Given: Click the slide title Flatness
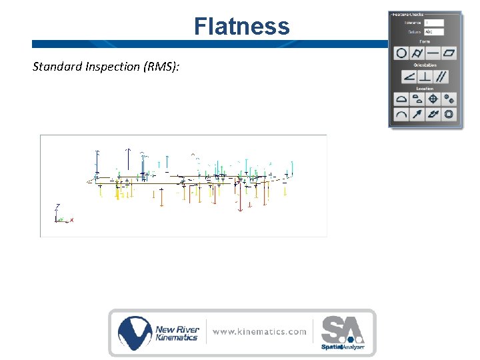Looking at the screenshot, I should click(x=241, y=27).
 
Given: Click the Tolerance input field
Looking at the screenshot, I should click(x=433, y=23).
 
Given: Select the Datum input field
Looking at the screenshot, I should click(x=433, y=31).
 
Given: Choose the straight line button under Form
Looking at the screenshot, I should click(x=433, y=53).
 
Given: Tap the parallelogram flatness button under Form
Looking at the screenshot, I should click(x=449, y=53).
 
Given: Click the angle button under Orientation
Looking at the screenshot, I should click(x=409, y=77).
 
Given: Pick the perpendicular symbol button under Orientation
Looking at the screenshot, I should click(x=425, y=77).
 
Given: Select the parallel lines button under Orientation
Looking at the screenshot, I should click(x=441, y=77).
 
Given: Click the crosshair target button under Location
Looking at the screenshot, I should click(x=433, y=99).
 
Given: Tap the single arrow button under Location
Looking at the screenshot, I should click(x=417, y=115).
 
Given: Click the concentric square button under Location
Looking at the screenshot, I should click(x=449, y=115).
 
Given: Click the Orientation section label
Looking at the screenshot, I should click(x=425, y=65).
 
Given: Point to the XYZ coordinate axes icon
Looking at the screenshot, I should click(x=61, y=215).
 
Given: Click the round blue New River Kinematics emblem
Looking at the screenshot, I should click(x=135, y=333).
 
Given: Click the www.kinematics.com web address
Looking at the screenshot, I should click(x=260, y=331).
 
